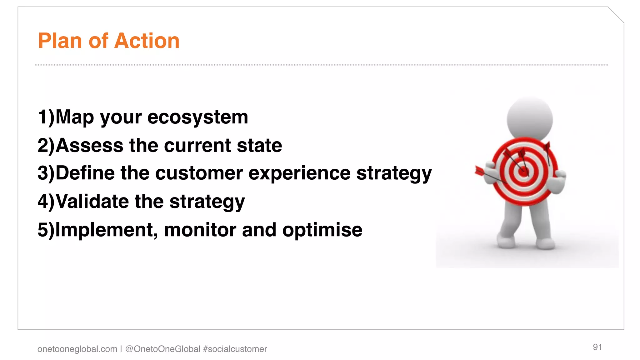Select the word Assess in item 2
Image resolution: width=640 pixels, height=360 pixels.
point(90,146)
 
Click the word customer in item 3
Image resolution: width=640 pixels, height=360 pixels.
point(199,173)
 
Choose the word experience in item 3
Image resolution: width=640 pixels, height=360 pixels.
point(299,173)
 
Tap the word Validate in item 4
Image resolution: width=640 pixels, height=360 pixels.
point(92,201)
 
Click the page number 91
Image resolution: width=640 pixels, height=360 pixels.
point(597,347)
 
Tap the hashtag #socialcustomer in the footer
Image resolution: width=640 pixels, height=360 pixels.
point(235,349)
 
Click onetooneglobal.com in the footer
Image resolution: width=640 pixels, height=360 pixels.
point(77,349)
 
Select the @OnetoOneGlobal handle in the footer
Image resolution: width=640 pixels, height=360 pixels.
point(163,349)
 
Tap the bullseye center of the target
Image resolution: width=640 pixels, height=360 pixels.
point(523,172)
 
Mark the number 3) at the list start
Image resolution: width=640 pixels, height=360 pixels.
point(46,173)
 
